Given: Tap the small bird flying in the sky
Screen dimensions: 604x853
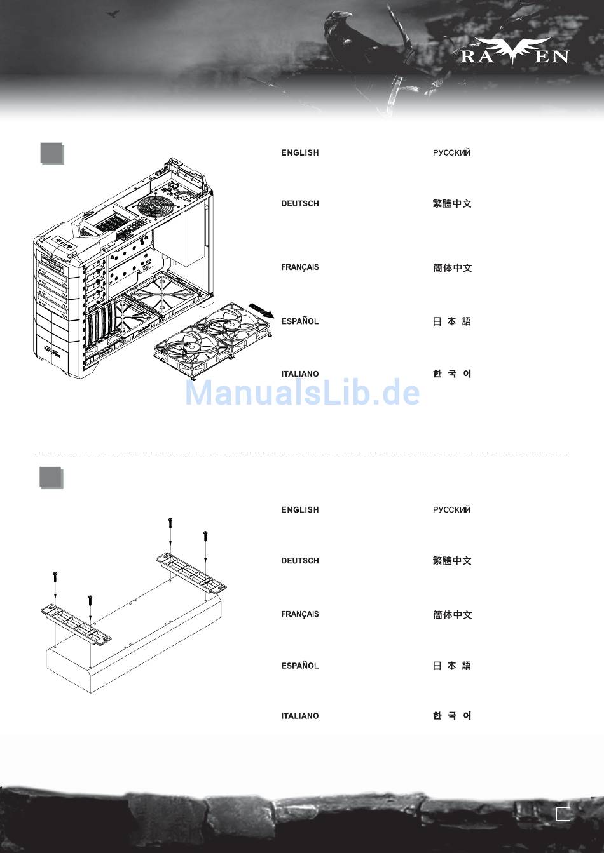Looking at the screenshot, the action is coord(113,14).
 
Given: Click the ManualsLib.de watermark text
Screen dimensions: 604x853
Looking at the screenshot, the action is coord(302,393).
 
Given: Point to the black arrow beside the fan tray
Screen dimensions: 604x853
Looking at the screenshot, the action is coord(261,309).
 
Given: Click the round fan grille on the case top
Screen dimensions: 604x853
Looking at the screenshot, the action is coord(156,206).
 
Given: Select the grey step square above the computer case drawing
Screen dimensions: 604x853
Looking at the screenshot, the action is coord(52,154).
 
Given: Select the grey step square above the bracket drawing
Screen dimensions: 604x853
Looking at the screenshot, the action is coord(51,478).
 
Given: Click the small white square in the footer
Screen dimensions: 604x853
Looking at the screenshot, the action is coord(563,814).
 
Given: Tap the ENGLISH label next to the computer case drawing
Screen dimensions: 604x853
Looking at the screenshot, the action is coord(300,152).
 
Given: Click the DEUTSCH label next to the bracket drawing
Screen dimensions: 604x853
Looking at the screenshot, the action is coord(300,561).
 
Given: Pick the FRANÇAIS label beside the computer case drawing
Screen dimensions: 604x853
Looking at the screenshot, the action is coord(300,267).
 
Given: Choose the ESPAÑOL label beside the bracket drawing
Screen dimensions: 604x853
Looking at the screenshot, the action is coord(300,665).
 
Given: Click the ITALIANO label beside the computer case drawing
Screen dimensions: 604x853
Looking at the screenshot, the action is coord(300,374).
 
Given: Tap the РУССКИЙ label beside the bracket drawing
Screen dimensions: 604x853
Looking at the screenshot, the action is coord(451,510).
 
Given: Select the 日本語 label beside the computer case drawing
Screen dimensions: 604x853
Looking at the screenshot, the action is coord(452,321).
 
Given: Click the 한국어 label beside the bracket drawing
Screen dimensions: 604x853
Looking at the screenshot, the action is coord(452,716).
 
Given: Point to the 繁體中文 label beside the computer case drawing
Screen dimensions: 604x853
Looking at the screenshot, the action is coord(452,203).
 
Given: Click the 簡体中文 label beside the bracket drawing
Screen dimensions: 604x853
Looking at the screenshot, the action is coord(452,615).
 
